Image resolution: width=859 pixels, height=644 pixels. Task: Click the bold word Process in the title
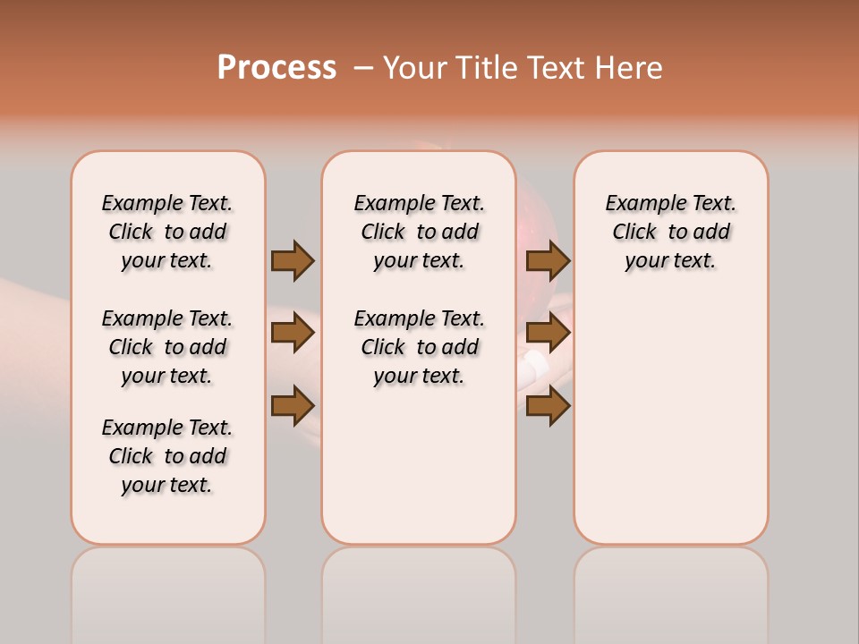[x=276, y=68]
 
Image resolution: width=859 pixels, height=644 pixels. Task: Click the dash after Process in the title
[x=362, y=69]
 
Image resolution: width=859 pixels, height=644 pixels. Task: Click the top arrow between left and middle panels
[x=293, y=260]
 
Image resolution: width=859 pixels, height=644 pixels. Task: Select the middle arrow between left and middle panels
[x=293, y=334]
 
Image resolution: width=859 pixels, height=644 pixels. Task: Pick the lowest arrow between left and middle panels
[x=293, y=406]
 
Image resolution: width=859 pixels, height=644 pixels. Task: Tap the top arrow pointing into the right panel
[x=548, y=260]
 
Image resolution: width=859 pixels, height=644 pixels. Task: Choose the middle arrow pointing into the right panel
[x=548, y=334]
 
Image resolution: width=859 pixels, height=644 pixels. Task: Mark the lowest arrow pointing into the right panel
[x=548, y=406]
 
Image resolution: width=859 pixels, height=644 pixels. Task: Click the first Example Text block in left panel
[x=167, y=232]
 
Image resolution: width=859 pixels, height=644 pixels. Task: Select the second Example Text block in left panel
[x=167, y=347]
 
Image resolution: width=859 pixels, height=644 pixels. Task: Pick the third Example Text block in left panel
[x=167, y=456]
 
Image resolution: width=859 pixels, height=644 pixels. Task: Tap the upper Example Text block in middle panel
[x=419, y=232]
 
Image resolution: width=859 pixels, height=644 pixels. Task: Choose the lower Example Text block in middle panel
[x=419, y=347]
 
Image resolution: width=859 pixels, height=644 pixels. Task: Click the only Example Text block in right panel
[x=670, y=232]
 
